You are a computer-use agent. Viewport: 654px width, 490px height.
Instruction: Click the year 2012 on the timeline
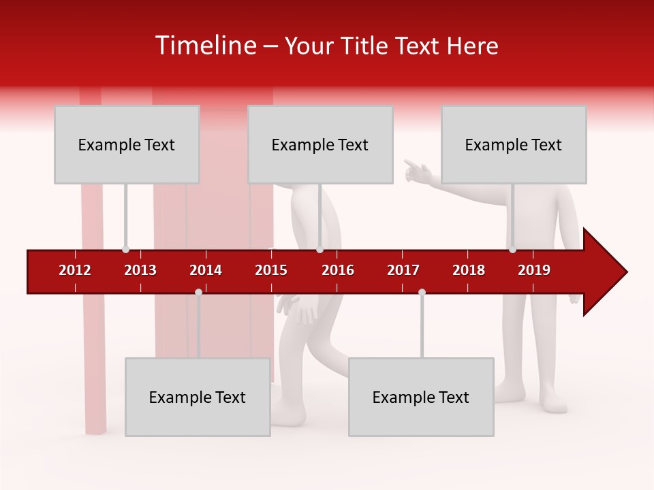tap(75, 270)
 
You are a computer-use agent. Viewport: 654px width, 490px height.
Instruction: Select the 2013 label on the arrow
tap(140, 270)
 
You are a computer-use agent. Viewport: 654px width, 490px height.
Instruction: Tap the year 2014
tap(206, 270)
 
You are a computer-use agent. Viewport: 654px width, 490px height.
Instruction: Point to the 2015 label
tap(271, 270)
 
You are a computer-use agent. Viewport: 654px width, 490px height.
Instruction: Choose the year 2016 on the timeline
tap(338, 270)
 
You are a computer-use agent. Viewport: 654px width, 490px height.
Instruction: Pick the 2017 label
tap(403, 270)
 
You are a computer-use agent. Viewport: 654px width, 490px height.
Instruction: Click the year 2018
tap(469, 270)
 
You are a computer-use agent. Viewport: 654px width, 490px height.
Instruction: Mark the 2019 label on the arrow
tap(534, 270)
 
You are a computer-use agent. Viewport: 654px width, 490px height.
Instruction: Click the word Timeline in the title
tap(205, 46)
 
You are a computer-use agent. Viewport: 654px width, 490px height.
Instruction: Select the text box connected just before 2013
tap(127, 144)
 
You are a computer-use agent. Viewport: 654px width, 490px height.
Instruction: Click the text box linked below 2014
tap(198, 397)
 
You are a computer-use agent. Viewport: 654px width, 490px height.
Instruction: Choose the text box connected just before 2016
tap(320, 144)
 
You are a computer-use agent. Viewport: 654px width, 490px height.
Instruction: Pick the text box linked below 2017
tap(421, 397)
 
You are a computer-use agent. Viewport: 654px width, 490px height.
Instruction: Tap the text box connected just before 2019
tap(514, 144)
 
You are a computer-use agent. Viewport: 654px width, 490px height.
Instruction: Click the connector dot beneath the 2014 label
tap(198, 293)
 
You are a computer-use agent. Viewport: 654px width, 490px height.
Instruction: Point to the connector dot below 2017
tap(422, 293)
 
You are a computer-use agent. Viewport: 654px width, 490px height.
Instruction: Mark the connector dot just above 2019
tap(512, 249)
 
